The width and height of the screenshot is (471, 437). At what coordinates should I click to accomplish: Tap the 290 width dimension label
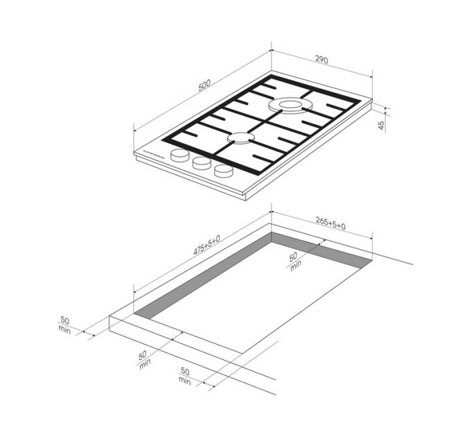coord(321,60)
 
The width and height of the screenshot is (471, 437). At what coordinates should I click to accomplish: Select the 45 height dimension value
coord(381,125)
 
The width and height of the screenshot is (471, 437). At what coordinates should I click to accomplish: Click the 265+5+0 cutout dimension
coord(330,222)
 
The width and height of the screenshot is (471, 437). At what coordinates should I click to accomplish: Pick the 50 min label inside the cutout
coord(294,261)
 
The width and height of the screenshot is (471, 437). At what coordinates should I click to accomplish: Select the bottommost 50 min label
coord(184,376)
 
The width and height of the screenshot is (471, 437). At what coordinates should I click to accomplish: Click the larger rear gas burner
coord(291,105)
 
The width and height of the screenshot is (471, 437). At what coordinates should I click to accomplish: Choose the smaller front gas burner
coord(238,139)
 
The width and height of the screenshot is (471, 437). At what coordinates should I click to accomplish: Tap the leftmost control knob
coord(180,155)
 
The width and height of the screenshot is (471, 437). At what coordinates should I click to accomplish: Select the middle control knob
coord(202,163)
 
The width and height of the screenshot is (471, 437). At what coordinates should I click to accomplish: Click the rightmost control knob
coord(224,171)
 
